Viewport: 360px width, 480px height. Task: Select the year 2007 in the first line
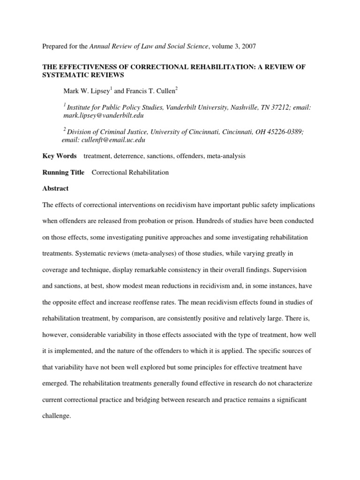pyautogui.click(x=248, y=46)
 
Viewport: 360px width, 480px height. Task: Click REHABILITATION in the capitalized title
pyautogui.click(x=206, y=67)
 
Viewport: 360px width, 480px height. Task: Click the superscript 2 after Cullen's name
pyautogui.click(x=176, y=88)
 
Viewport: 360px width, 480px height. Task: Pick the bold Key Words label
pyautogui.click(x=60, y=156)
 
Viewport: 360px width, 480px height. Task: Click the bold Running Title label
pyautogui.click(x=64, y=172)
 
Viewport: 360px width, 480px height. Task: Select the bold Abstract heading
pyautogui.click(x=55, y=188)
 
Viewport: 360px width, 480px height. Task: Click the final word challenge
pyautogui.click(x=56, y=415)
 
